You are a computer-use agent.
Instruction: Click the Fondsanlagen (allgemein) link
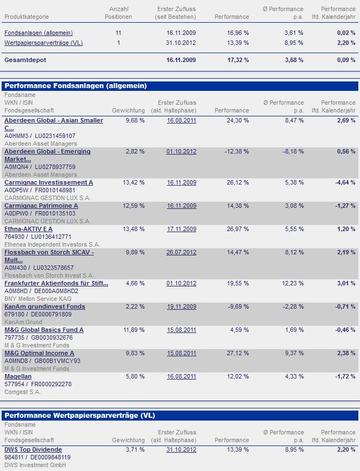click(38, 33)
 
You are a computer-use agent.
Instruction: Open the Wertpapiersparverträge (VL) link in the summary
click(43, 43)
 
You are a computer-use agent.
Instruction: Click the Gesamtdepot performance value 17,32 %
click(238, 59)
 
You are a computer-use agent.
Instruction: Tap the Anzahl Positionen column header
click(118, 13)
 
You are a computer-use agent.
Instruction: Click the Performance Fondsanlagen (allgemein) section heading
click(75, 86)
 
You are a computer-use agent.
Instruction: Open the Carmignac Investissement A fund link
click(49, 182)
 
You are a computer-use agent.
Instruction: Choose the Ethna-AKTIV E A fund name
click(29, 229)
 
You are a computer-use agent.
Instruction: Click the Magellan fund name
click(18, 376)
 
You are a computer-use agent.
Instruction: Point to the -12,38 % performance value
click(237, 151)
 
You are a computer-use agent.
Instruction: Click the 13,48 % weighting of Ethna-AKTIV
click(135, 229)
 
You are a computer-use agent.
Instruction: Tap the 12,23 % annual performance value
click(292, 283)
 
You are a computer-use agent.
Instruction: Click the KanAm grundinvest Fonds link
click(45, 306)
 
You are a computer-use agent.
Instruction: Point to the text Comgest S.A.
click(23, 392)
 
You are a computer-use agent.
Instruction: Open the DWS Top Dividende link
click(33, 449)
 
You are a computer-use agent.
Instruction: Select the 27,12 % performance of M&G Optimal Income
click(238, 353)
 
